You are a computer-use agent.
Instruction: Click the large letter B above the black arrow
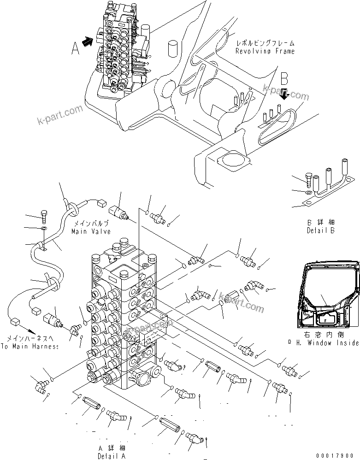click(x=285, y=78)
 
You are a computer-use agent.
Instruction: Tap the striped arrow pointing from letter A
click(x=87, y=41)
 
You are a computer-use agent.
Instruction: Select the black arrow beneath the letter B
click(x=285, y=94)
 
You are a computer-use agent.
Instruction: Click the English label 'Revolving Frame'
click(x=265, y=51)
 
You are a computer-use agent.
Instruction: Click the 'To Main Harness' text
click(x=30, y=346)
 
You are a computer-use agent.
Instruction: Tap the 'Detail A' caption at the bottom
click(x=111, y=456)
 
